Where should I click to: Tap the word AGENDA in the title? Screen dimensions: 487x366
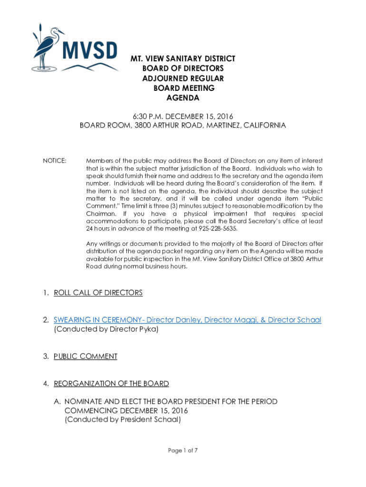(183, 98)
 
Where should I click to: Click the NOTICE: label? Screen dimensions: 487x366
(55, 161)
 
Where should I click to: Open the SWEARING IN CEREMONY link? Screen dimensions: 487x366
(187, 320)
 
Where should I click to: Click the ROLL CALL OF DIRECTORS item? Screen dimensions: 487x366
(98, 292)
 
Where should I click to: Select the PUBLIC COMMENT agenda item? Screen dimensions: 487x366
(86, 356)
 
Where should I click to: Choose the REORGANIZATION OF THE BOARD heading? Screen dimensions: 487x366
(111, 383)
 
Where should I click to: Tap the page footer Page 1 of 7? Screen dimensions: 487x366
(183, 450)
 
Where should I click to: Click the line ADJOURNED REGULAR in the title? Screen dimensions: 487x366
(183, 78)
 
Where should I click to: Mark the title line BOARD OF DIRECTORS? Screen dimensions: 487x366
(183, 68)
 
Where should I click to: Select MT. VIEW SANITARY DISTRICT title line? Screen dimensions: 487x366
(183, 58)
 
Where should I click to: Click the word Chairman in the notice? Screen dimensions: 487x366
(100, 214)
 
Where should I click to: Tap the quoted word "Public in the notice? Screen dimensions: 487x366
(312, 199)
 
